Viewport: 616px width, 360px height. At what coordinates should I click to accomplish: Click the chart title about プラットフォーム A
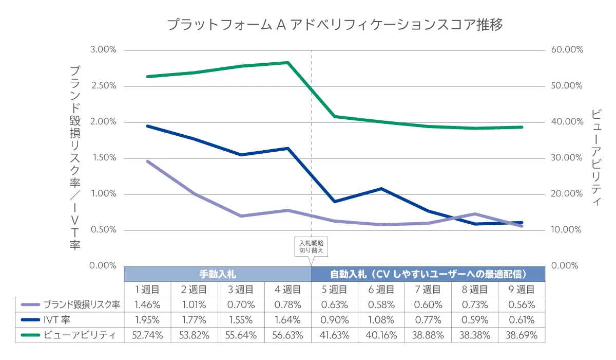click(335, 24)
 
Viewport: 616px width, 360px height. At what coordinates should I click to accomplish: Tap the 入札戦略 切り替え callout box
click(312, 247)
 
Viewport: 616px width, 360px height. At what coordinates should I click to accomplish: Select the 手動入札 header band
click(218, 274)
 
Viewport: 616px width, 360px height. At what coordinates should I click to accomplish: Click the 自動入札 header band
click(428, 274)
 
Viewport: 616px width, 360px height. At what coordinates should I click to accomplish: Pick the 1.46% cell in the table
click(148, 304)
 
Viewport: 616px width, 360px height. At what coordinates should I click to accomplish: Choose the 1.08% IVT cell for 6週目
click(381, 320)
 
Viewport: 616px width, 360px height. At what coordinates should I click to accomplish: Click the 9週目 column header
click(522, 289)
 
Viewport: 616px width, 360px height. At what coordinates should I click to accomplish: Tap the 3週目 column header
click(241, 289)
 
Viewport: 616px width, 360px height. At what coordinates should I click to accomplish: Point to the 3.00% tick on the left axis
click(104, 50)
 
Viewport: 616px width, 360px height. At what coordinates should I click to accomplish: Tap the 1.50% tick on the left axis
click(104, 158)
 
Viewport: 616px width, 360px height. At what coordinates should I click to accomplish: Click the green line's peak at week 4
click(288, 63)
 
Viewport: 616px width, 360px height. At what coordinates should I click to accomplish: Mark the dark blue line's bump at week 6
click(381, 189)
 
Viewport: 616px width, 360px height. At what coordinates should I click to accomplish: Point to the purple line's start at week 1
click(148, 161)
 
